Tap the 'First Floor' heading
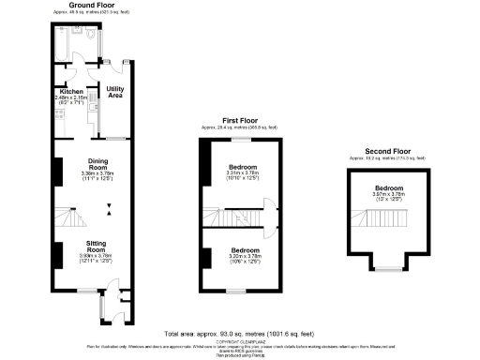click(240, 120)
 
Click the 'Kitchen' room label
click(70, 91)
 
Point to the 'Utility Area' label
click(114, 92)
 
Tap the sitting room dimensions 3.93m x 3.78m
click(97, 255)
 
